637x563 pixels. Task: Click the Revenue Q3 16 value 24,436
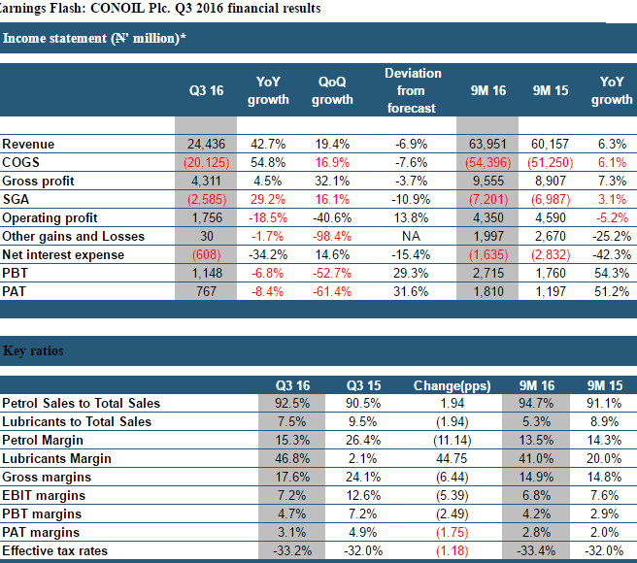[x=206, y=145]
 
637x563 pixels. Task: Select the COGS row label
[x=20, y=162]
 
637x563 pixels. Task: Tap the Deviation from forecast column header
[x=412, y=90]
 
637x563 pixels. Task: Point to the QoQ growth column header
[x=332, y=90]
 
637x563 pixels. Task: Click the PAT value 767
[x=206, y=291]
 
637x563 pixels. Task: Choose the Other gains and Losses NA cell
[x=411, y=237]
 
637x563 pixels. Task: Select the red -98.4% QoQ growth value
[x=332, y=237]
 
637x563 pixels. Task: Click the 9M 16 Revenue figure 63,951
[x=487, y=145]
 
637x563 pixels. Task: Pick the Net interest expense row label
[x=63, y=254]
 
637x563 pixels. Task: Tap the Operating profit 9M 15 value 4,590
[x=551, y=217]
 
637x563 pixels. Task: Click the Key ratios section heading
[x=33, y=350]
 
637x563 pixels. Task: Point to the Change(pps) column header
[x=452, y=385]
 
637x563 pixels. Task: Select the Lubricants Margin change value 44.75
[x=452, y=458]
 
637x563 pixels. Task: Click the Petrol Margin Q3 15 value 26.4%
[x=363, y=441]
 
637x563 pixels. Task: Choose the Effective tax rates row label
[x=54, y=550]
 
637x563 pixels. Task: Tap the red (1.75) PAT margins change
[x=453, y=533]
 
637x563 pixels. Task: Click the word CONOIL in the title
[x=117, y=8]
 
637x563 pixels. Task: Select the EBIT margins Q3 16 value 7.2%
[x=291, y=496]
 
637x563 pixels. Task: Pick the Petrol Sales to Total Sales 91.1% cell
[x=604, y=404]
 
